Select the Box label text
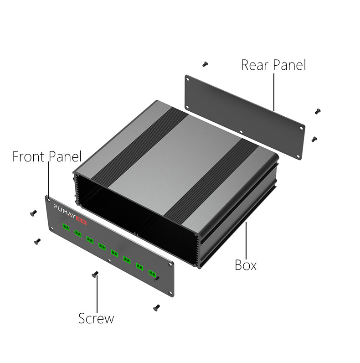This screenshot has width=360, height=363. (246, 264)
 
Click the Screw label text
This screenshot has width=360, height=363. (96, 318)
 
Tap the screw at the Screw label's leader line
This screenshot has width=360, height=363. (96, 274)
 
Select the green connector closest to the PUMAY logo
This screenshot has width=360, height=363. (66, 227)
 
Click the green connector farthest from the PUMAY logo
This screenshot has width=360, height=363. (152, 273)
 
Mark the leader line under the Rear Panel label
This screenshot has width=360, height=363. (273, 91)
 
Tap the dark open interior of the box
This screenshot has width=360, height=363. (137, 214)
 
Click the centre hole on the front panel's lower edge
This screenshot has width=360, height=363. (109, 261)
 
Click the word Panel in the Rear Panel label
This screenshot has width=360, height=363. (289, 65)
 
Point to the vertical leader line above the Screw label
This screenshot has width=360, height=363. (97, 294)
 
